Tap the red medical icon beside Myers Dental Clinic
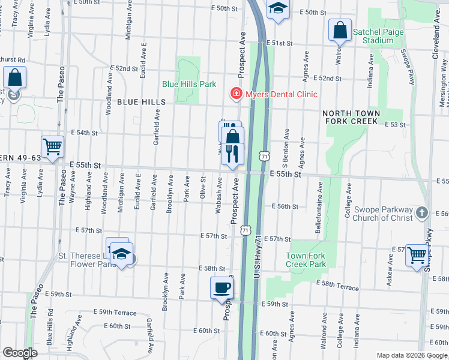tap(237, 94)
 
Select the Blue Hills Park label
tap(190, 85)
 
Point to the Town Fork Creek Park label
tap(306, 260)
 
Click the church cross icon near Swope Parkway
tap(422, 213)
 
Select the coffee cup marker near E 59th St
tap(221, 287)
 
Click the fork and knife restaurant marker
tap(232, 154)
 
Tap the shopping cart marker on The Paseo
tap(52, 146)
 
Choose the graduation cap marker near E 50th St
tap(277, 8)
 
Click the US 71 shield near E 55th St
tap(264, 156)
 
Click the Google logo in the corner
tap(20, 353)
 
